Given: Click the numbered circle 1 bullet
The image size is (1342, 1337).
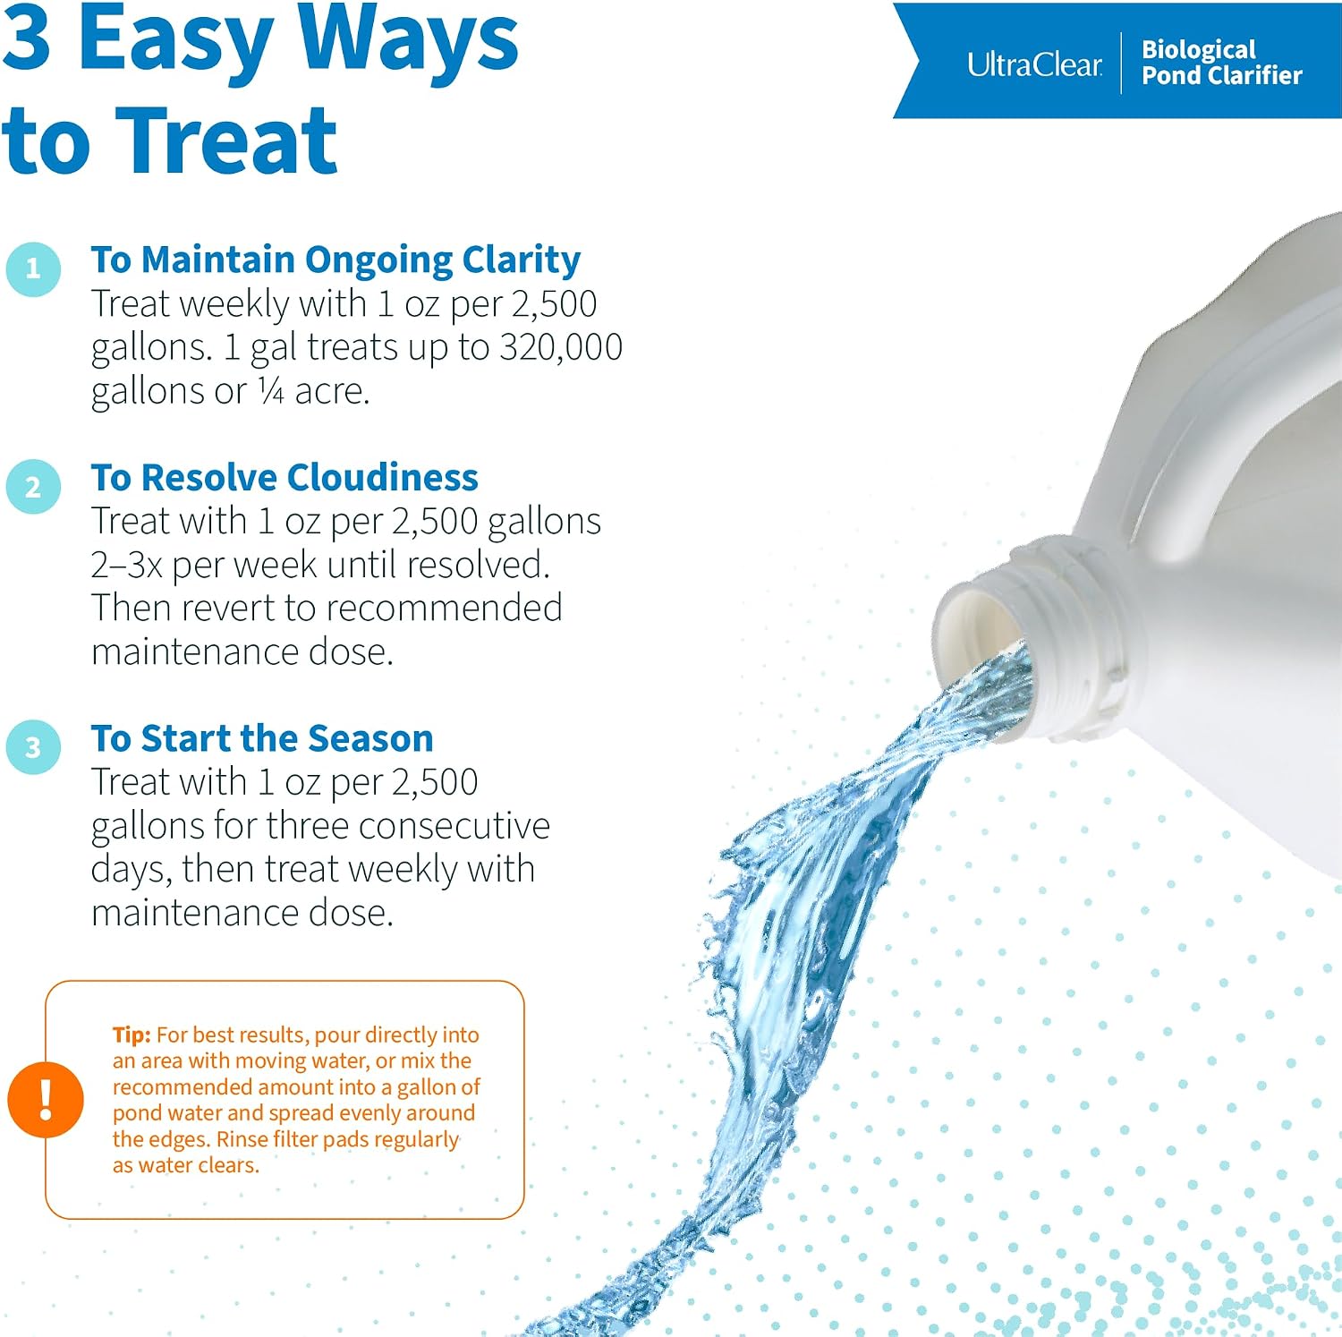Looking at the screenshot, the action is [33, 268].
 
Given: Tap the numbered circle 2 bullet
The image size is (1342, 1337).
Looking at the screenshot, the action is [33, 486].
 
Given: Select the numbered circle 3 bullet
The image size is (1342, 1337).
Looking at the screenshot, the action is [33, 746].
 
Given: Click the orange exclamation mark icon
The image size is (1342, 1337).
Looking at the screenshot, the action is [46, 1099].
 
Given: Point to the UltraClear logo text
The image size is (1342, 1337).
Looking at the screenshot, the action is [1034, 64].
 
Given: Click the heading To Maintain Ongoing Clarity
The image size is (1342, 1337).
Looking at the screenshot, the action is [335, 260].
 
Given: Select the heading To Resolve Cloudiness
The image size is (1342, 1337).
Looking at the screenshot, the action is [285, 477].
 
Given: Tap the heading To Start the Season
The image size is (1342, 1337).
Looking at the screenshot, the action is [262, 738].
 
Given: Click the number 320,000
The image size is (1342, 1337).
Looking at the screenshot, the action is [561, 347].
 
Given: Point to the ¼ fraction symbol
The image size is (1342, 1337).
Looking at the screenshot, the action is [271, 391].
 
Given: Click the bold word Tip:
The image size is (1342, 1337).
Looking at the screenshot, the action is [132, 1035].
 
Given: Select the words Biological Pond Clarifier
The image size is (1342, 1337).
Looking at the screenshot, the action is [1221, 62].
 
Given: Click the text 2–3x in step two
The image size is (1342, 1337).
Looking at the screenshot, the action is [126, 565].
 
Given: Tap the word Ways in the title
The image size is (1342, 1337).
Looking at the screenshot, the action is [408, 40].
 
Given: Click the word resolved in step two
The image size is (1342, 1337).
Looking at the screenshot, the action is [479, 565].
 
